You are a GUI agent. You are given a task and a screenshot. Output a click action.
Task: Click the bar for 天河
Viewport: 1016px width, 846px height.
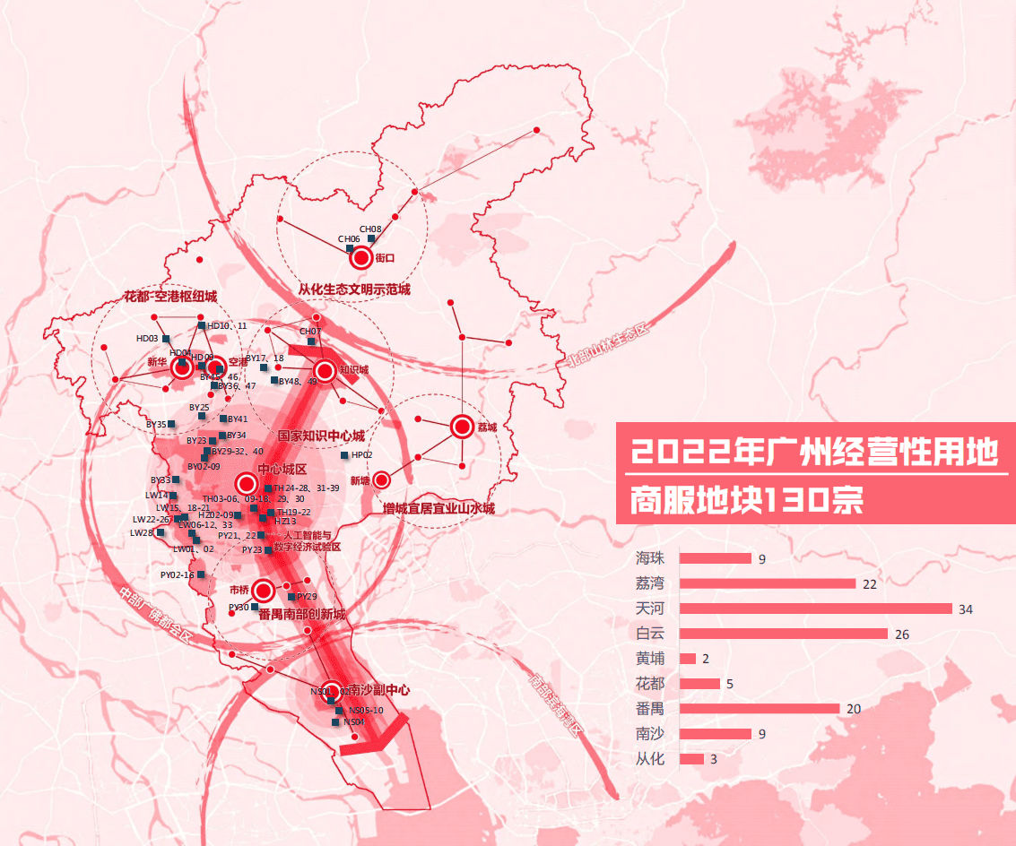pos(815,609)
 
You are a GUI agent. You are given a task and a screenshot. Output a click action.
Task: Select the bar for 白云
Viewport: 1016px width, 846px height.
pos(783,634)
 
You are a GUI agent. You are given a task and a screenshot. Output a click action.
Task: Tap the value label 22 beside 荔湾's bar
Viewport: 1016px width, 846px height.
pos(868,584)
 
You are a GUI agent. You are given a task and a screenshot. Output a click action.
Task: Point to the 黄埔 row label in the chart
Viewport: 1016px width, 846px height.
pos(650,659)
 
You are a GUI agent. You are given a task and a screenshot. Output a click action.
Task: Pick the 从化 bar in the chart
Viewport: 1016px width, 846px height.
pos(691,759)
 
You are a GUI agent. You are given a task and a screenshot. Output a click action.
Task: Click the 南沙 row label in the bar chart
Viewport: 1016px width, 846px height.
pos(650,734)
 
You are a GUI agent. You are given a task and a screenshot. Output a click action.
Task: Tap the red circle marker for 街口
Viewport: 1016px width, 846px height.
pos(361,258)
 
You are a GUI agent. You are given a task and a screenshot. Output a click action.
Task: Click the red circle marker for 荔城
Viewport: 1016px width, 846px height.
pos(462,427)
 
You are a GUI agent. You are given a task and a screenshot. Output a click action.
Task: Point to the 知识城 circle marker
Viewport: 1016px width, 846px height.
pos(324,369)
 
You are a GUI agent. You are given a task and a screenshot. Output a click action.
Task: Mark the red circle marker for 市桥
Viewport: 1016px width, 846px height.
pos(263,591)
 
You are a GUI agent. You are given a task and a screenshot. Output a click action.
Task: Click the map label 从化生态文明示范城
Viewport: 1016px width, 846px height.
pos(354,289)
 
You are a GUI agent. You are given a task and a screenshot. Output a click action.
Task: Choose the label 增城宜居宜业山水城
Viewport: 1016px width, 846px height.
pos(439,508)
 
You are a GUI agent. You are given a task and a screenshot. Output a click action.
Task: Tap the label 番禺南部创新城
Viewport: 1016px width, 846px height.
pos(301,615)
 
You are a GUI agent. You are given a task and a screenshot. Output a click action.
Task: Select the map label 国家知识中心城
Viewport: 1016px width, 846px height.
pos(321,436)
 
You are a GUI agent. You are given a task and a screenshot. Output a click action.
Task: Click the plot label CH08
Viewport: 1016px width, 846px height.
pos(370,229)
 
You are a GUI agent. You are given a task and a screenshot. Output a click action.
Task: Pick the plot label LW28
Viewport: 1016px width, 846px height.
pos(141,532)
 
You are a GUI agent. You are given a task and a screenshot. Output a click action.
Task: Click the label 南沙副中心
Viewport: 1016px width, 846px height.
pos(378,690)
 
